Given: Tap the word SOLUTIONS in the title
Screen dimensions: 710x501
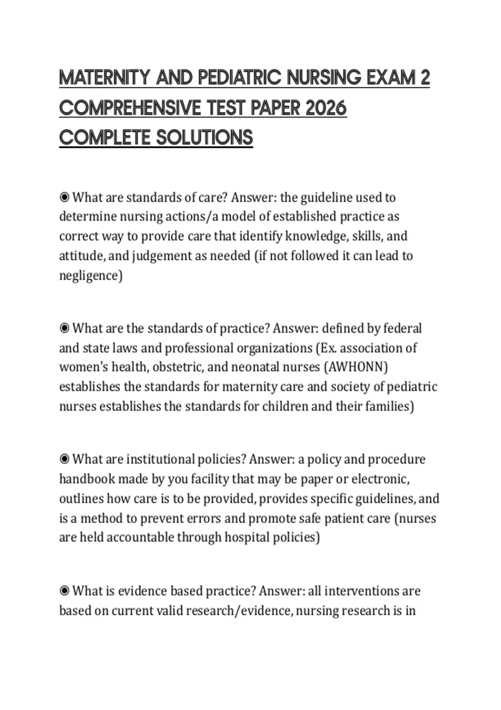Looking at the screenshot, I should [205, 138].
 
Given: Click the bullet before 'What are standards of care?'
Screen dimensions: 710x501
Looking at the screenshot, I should [64, 197].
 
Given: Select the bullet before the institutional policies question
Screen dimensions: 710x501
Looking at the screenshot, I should [64, 459].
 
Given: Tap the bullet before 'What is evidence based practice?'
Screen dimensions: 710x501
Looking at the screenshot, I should [64, 591].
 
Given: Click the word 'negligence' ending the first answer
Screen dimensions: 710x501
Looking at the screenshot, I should [90, 276].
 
